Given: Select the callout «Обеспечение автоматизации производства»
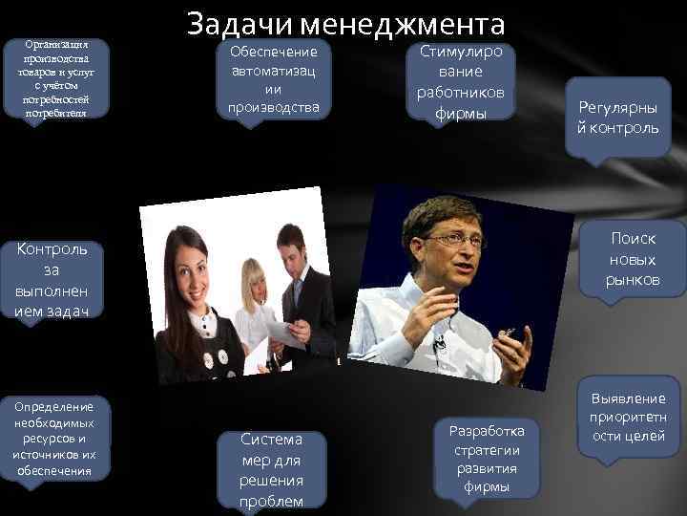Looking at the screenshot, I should pyautogui.click(x=274, y=77).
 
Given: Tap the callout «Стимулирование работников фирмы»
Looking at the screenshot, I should pyautogui.click(x=461, y=81).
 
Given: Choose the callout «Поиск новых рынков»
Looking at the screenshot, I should pyautogui.click(x=631, y=258).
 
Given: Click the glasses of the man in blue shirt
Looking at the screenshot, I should pyautogui.click(x=456, y=239).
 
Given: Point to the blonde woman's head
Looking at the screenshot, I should pyautogui.click(x=255, y=276).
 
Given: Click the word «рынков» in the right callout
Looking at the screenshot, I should pyautogui.click(x=632, y=279).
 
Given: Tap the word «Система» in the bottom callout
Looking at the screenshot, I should pyautogui.click(x=272, y=440).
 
